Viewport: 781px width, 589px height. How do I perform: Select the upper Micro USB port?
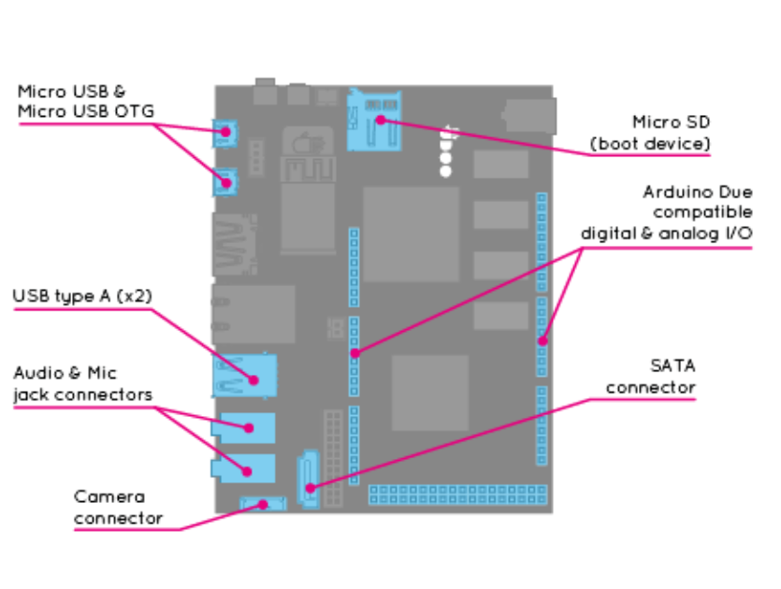click(x=224, y=133)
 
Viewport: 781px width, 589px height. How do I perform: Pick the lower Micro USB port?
click(x=224, y=181)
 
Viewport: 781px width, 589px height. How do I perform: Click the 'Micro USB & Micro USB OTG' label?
click(x=85, y=102)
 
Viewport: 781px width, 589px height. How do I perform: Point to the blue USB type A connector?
click(x=245, y=375)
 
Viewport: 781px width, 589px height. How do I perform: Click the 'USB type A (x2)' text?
click(x=82, y=295)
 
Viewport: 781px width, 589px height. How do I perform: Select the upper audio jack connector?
click(x=245, y=428)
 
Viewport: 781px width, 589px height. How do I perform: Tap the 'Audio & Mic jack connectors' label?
click(x=82, y=383)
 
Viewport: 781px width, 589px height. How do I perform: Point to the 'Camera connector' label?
click(x=118, y=507)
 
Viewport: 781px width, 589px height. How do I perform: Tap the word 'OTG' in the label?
click(x=137, y=112)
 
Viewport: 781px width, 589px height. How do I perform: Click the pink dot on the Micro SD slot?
click(x=382, y=119)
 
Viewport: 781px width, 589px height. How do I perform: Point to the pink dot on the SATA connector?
click(x=311, y=488)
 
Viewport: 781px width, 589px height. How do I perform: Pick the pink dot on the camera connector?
click(x=264, y=505)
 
